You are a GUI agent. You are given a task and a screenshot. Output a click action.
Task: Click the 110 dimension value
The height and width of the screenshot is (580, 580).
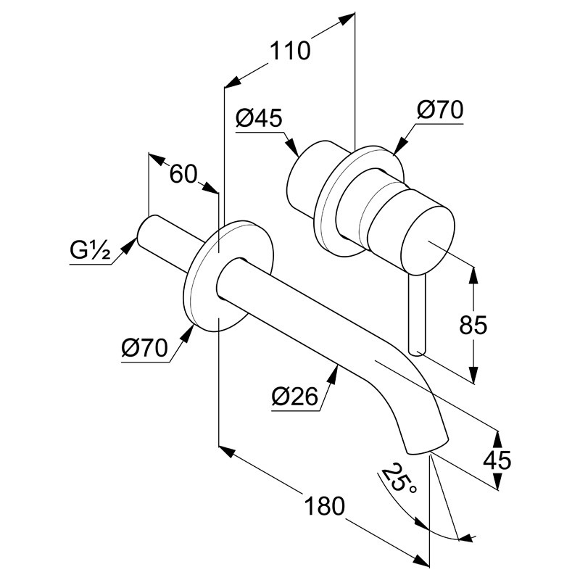(x=290, y=51)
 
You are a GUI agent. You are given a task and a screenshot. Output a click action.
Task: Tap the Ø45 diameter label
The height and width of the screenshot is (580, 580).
(x=259, y=118)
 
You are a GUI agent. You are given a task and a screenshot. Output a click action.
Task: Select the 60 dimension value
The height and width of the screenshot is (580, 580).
(x=183, y=174)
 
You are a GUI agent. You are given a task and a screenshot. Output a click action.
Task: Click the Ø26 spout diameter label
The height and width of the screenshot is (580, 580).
(x=295, y=396)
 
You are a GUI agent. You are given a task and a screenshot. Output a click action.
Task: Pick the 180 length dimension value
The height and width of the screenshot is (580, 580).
(x=324, y=506)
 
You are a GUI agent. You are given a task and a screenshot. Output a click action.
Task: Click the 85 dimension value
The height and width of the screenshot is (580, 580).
(x=473, y=325)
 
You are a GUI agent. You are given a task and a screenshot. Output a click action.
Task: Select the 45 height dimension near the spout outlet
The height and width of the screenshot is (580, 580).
(x=497, y=460)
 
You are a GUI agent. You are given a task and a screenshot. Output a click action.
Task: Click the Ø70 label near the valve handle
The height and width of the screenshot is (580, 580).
(x=440, y=110)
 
